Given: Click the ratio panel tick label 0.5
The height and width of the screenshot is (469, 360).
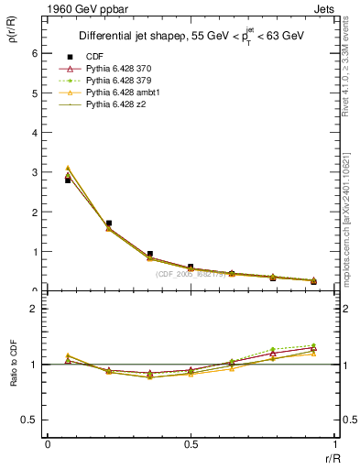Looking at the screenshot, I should pos(33,420).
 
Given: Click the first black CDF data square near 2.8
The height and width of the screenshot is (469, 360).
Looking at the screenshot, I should pos(68,180).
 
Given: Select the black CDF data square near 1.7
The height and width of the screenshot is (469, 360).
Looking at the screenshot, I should pos(109,223).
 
